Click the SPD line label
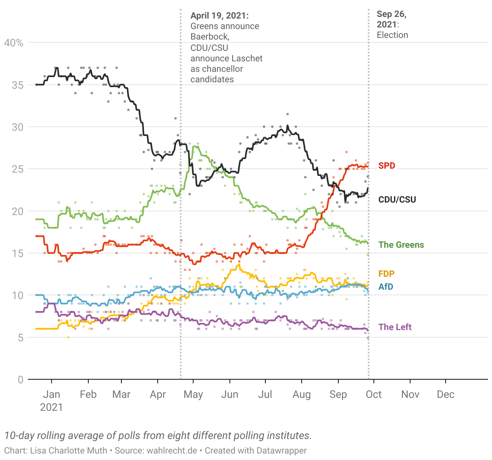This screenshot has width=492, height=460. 386,165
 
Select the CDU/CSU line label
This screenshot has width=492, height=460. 397,199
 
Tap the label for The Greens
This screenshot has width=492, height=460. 401,245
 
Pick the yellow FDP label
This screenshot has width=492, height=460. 386,274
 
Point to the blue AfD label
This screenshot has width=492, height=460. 386,286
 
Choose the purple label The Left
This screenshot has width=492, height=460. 395,327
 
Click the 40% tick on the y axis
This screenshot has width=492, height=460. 14,43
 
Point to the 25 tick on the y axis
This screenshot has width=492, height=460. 17,169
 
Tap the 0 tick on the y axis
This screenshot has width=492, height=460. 20,379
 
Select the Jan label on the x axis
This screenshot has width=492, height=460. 52,394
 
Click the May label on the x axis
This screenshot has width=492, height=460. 193,394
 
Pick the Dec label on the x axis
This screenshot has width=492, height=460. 446,394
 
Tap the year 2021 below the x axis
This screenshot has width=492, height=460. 52,407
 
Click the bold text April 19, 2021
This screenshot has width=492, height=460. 219,15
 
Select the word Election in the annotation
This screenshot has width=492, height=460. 392,35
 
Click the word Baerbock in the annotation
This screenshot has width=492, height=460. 209,37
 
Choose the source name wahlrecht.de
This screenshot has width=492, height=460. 172,450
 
